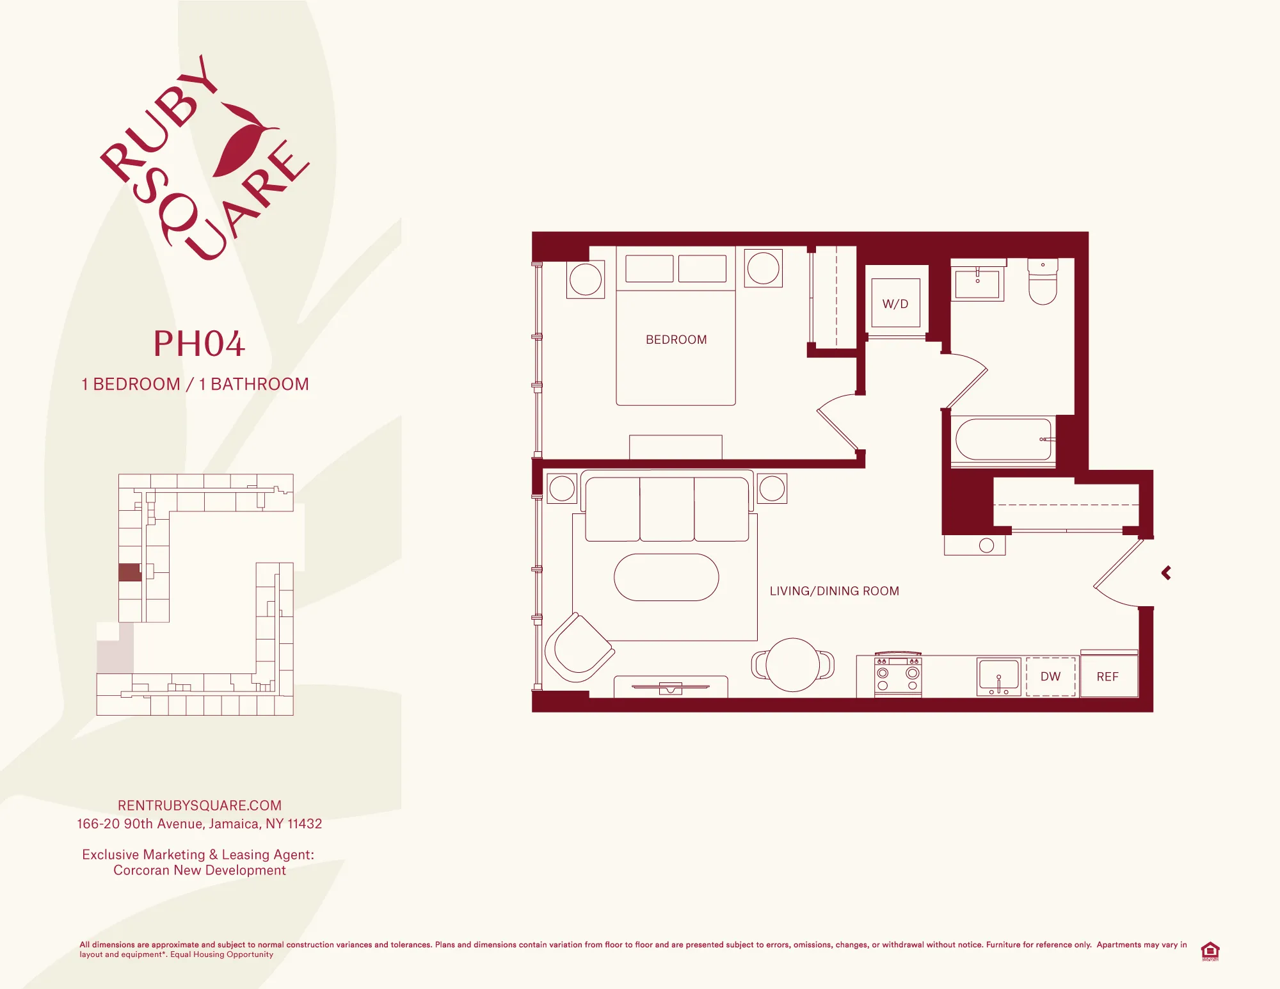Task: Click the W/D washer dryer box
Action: pyautogui.click(x=895, y=303)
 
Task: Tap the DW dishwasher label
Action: pyautogui.click(x=1050, y=677)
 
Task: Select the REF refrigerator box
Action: pyautogui.click(x=1108, y=677)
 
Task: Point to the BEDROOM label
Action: pyautogui.click(x=676, y=340)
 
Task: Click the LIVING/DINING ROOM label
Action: pyautogui.click(x=834, y=591)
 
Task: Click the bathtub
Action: pyautogui.click(x=1003, y=440)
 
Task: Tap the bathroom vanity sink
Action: pyautogui.click(x=977, y=282)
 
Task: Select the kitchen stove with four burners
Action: pyautogui.click(x=898, y=677)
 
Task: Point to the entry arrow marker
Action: pyautogui.click(x=1166, y=573)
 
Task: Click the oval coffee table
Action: pyautogui.click(x=666, y=577)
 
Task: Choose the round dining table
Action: pyautogui.click(x=793, y=664)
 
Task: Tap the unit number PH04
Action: pyautogui.click(x=199, y=344)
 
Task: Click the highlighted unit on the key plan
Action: pyautogui.click(x=130, y=572)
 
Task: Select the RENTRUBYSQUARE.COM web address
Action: pyautogui.click(x=199, y=805)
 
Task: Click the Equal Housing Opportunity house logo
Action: pyautogui.click(x=1210, y=951)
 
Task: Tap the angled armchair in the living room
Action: pyautogui.click(x=579, y=648)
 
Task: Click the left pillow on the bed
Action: pyautogui.click(x=649, y=269)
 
